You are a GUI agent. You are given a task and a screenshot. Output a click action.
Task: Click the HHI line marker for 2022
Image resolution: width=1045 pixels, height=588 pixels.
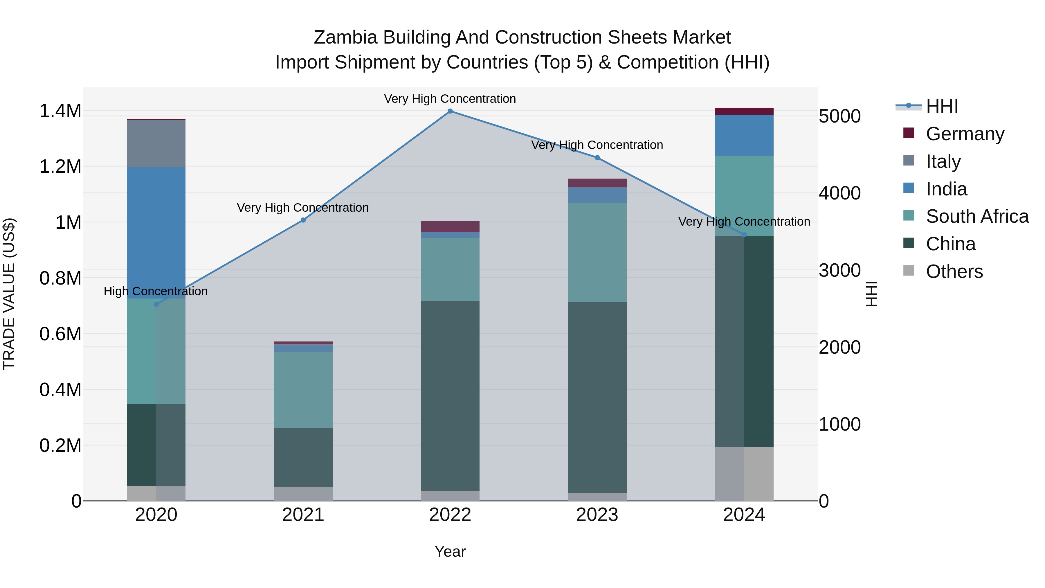click(x=450, y=111)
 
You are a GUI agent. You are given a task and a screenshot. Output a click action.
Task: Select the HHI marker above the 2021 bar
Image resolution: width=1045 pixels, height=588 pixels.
click(x=303, y=220)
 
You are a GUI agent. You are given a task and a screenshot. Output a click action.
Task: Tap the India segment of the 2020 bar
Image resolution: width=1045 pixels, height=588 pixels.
click(x=156, y=233)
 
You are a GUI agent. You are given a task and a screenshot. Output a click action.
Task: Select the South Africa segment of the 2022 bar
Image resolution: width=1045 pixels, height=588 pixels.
click(x=450, y=269)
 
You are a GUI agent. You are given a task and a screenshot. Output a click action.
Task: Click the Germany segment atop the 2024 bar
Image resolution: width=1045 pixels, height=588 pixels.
click(x=744, y=111)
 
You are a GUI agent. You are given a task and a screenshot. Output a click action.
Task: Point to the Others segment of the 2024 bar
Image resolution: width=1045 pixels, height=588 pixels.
click(x=744, y=474)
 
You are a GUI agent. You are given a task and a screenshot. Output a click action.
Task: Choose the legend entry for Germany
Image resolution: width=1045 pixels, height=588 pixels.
click(x=965, y=134)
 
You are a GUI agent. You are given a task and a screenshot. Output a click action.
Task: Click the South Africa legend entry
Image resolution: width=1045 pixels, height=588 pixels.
click(x=977, y=216)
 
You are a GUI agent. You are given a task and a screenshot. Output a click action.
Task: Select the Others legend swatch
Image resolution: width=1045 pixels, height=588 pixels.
click(x=909, y=271)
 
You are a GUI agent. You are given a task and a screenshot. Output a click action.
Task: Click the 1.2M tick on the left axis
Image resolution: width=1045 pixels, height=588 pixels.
click(x=60, y=167)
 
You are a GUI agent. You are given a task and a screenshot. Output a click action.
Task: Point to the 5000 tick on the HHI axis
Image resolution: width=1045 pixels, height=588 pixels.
click(x=839, y=116)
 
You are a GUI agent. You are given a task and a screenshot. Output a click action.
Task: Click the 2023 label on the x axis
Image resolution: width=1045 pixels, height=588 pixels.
click(x=597, y=515)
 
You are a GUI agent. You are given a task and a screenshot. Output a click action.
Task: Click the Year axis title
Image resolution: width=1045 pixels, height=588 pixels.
click(x=450, y=551)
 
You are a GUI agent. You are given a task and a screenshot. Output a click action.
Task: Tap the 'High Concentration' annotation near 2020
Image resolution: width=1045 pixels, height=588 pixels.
click(x=156, y=291)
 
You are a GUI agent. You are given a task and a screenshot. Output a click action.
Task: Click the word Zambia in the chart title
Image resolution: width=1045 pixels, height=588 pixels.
click(x=346, y=37)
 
